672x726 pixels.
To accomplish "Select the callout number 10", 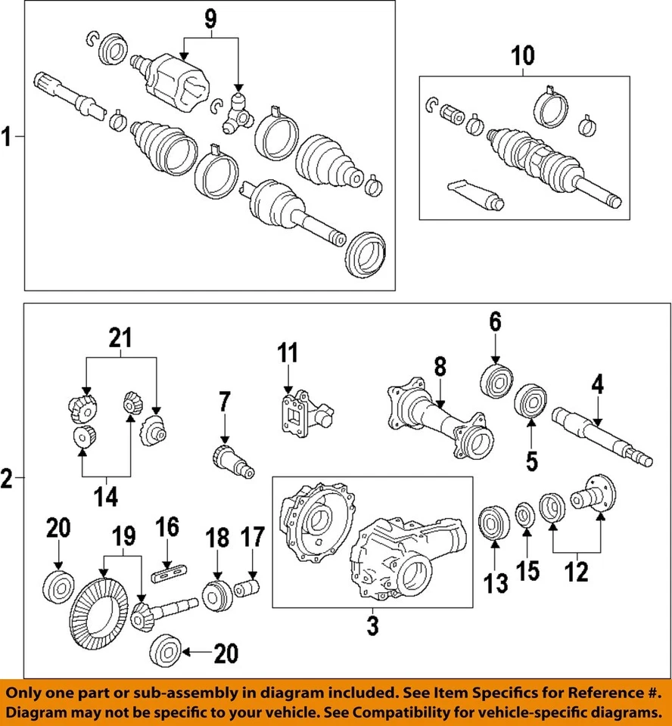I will [523, 55].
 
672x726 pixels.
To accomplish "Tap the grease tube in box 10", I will [475, 193].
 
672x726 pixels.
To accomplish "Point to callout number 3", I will [372, 626].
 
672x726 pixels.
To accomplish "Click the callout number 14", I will [106, 497].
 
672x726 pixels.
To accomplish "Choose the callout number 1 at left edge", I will [7, 138].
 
